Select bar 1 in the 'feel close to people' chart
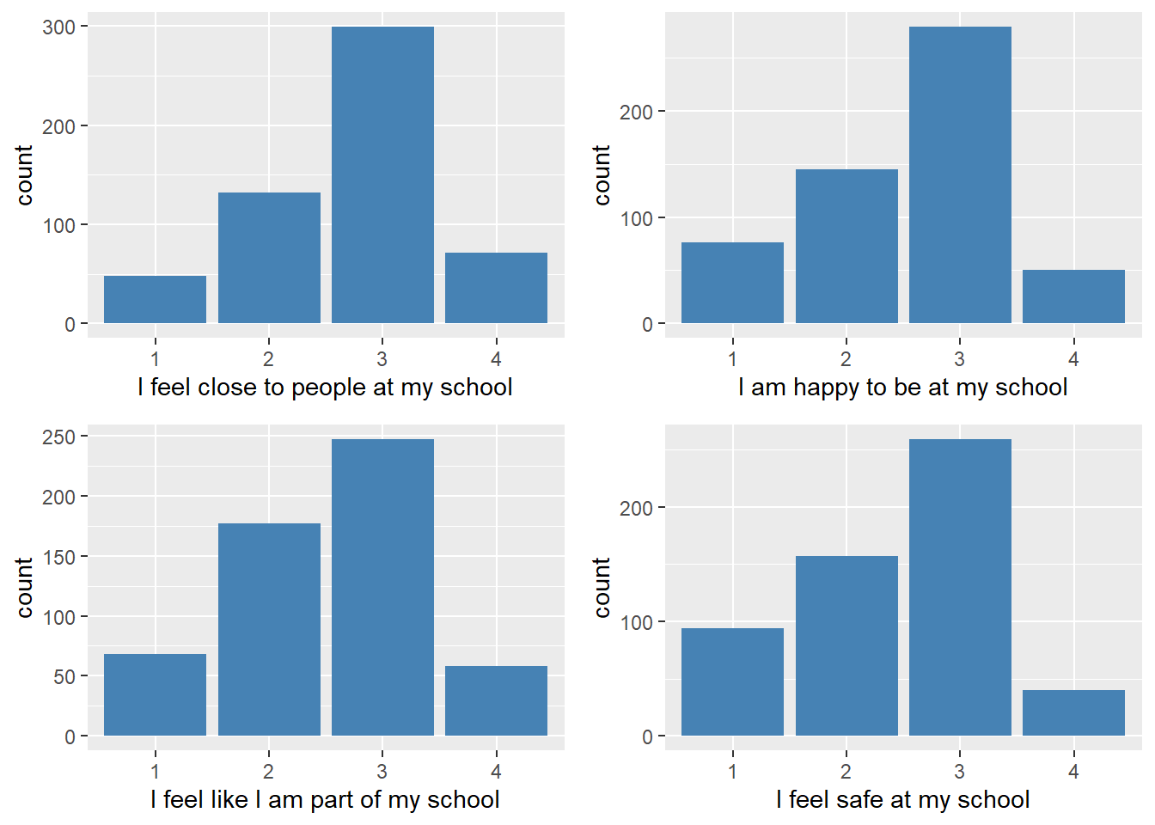pos(155,299)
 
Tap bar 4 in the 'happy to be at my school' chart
pos(1073,296)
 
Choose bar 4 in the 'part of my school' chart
pos(496,700)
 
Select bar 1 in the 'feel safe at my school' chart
pos(732,681)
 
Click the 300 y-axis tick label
pos(58,27)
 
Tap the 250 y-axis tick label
pos(58,437)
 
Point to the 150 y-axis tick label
pos(58,557)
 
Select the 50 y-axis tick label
pos(64,677)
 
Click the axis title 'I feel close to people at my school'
pos(325,388)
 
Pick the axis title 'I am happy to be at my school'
pos(902,388)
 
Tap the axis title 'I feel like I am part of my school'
pos(325,800)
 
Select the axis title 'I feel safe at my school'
pos(902,800)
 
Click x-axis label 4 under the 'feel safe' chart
pos(1073,772)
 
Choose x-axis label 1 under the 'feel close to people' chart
pos(155,359)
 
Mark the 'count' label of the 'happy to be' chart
pos(602,175)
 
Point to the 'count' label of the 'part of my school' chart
pos(24,587)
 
